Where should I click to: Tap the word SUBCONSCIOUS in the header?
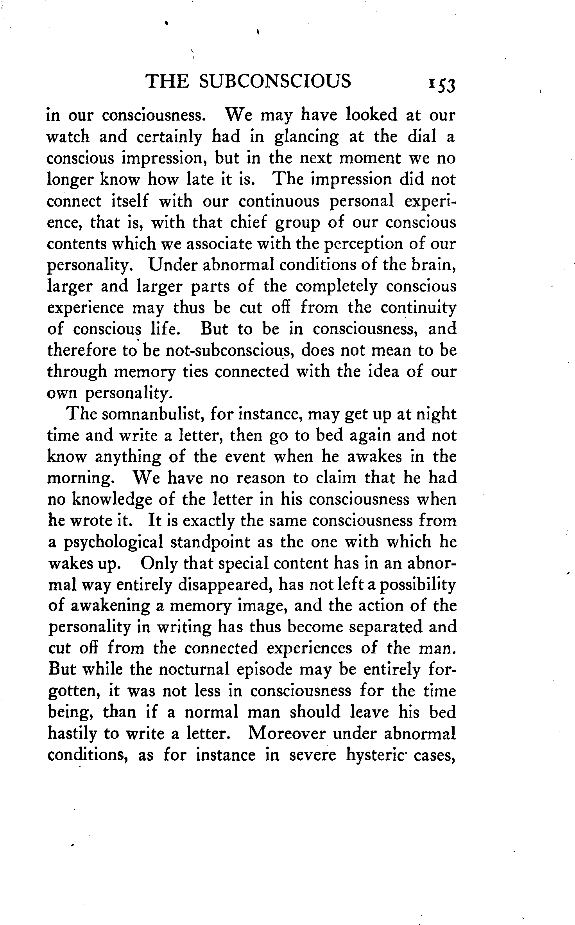point(275,81)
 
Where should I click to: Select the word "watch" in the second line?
point(67,137)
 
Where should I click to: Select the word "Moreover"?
point(286,734)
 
